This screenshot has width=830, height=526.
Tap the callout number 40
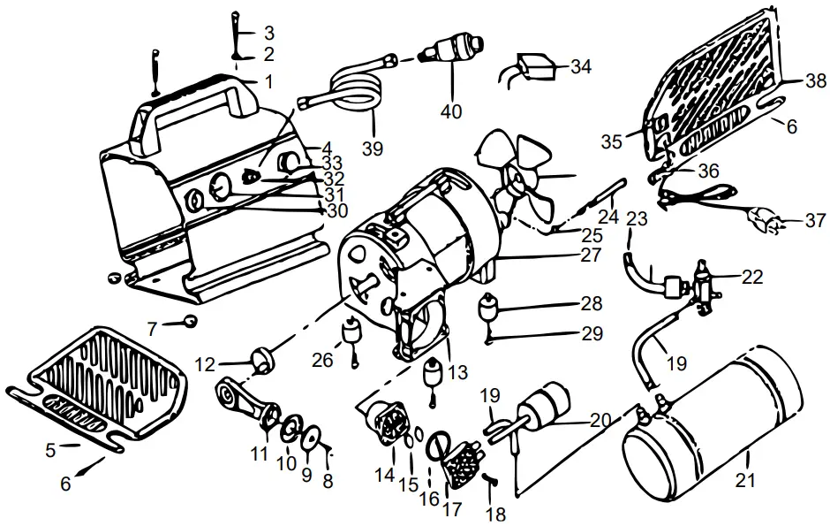click(x=451, y=111)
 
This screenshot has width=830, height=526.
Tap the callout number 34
click(x=580, y=67)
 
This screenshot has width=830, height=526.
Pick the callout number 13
click(x=456, y=373)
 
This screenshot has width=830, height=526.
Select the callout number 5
click(x=50, y=449)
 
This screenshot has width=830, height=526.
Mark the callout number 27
click(x=591, y=255)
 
